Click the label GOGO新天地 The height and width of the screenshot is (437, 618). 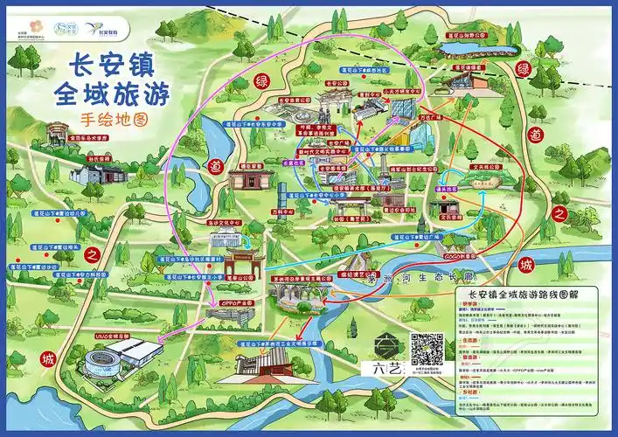click(x=458, y=258)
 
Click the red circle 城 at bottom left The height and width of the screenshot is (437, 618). click(x=46, y=359)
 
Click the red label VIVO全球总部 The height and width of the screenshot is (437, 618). click(x=111, y=336)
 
